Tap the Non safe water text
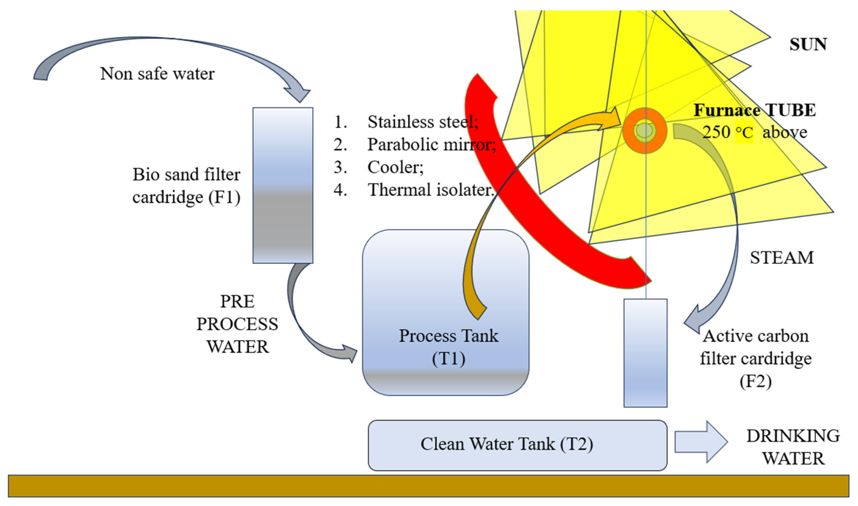157,74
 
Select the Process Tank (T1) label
448,347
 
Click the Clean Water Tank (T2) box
517,445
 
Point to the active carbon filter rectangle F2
645,353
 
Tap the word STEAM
781,258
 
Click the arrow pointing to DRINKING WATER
701,442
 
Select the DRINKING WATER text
793,447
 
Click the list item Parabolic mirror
431,145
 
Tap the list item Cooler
395,167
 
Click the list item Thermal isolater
430,190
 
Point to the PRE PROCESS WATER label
237,324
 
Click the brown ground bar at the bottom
428,486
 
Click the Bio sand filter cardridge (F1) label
186,186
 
